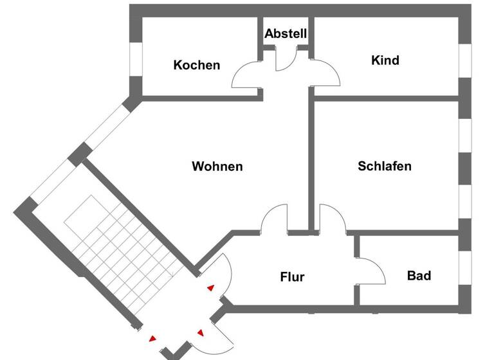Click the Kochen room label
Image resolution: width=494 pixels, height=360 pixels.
197,65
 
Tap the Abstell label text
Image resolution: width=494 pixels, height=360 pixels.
286,33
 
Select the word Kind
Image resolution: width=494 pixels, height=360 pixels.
385,60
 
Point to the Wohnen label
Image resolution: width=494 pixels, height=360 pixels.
217,166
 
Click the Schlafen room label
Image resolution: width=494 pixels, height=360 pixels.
385,166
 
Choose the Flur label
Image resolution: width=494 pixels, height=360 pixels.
292,277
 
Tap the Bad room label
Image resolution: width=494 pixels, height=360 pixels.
419,276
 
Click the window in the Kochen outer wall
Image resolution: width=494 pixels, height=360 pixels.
136,60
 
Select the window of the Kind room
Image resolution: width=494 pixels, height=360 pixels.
464,60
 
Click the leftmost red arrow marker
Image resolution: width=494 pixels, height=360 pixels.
152,338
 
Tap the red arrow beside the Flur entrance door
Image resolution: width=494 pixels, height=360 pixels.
210,288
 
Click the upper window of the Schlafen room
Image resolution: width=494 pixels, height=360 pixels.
464,135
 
